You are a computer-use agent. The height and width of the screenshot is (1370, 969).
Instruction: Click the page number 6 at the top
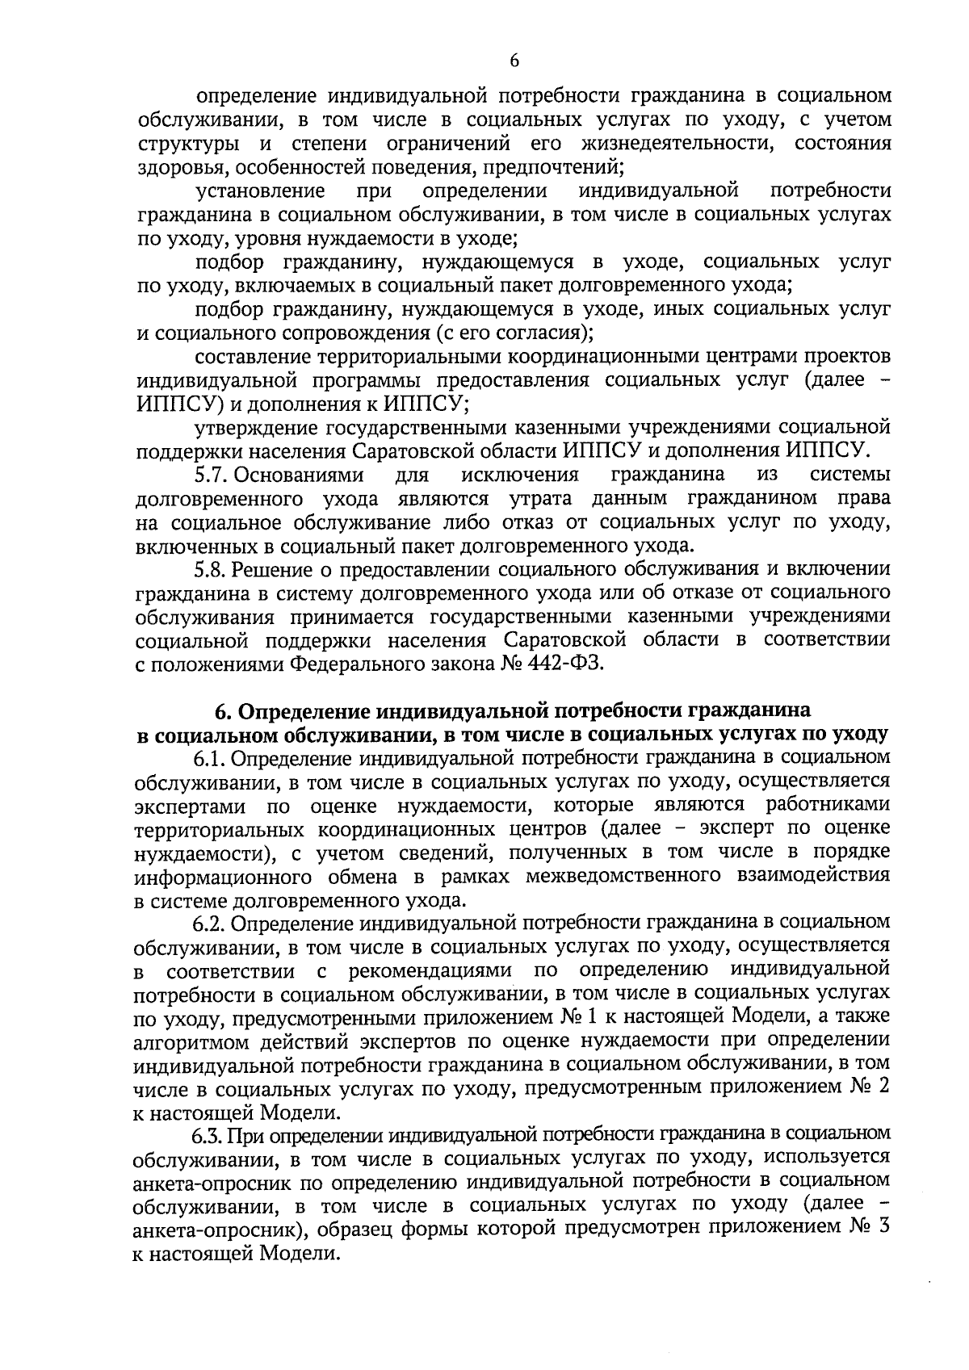click(x=514, y=61)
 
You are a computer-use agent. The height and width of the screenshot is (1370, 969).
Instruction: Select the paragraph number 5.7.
click(x=212, y=473)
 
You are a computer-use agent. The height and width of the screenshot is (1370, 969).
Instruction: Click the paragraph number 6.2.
click(x=212, y=921)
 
